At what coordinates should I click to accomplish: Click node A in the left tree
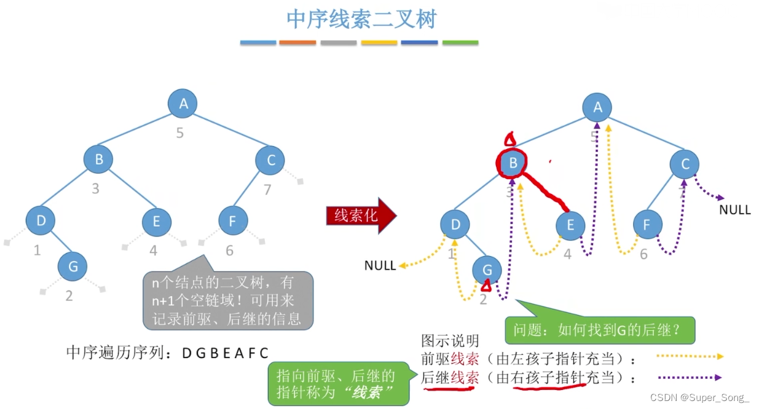point(183,103)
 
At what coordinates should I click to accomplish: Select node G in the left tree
point(73,267)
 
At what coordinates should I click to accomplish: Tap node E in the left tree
point(157,222)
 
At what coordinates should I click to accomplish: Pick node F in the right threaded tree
point(648,225)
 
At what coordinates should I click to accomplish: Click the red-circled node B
point(512,163)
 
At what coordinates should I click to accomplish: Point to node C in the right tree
point(685,164)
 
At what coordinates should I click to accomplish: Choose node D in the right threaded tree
point(455,225)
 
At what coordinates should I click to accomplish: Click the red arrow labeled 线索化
point(361,216)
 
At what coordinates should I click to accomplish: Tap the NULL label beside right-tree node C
point(734,210)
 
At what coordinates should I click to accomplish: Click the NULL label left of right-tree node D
point(380,265)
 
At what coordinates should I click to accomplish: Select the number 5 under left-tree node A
point(179,133)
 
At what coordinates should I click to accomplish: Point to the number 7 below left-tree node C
point(267,190)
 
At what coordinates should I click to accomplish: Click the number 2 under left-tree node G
point(69,296)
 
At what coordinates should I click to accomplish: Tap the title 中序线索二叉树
point(361,19)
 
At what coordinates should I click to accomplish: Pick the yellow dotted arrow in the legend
point(690,356)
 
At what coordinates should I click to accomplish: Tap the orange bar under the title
point(297,42)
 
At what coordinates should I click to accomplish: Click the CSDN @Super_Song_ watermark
point(700,397)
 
